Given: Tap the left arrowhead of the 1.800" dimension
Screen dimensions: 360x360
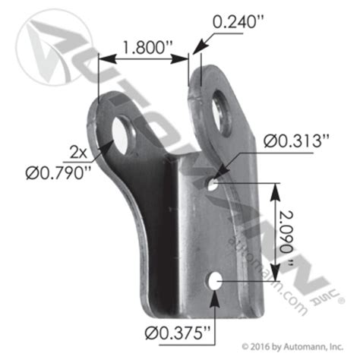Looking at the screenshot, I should click(105, 57).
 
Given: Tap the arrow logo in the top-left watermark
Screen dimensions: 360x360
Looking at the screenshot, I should click(46, 38).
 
